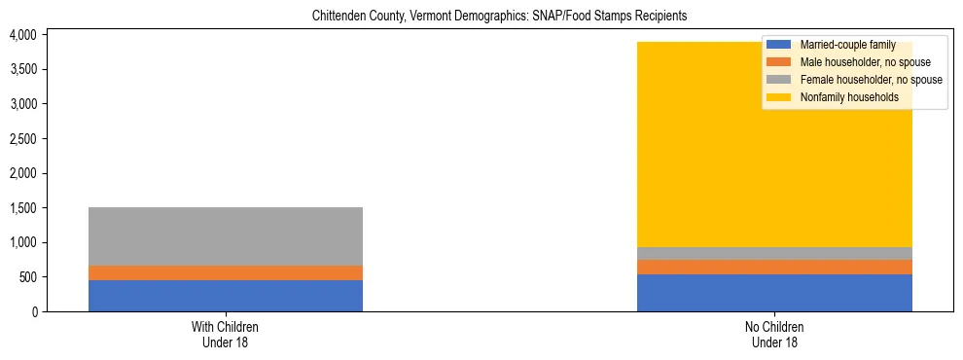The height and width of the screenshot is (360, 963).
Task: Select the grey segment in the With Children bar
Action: coord(226,236)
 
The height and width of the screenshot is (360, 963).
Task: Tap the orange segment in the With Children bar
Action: coord(226,272)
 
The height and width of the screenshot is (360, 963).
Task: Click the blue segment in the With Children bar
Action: coord(226,296)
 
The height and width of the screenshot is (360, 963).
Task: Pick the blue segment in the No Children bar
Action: coord(774,293)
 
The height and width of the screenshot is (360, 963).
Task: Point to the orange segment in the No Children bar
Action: coord(774,267)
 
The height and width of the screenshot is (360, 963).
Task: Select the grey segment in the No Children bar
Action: coord(774,253)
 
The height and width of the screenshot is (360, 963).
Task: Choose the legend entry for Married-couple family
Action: coord(845,45)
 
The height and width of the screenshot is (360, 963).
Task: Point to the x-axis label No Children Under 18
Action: coord(774,335)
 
